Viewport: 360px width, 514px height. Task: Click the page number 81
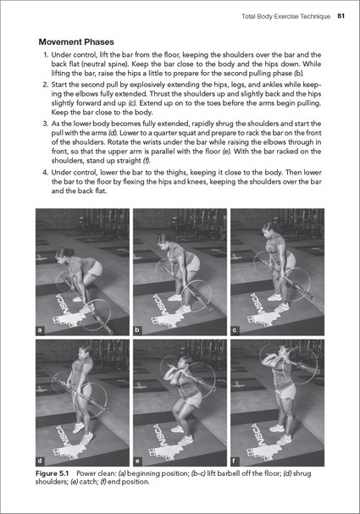point(341,16)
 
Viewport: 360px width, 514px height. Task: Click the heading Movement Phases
point(76,42)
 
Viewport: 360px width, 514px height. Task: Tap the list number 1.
point(46,55)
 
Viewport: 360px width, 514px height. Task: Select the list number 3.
point(46,124)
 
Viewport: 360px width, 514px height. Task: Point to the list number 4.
point(46,173)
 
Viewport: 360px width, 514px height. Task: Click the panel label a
point(40,330)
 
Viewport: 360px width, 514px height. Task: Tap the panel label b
point(137,330)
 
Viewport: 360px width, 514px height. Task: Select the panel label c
point(235,330)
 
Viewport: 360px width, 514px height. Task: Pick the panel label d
point(40,461)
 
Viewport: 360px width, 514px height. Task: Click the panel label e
point(137,461)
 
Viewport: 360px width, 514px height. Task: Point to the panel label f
point(234,461)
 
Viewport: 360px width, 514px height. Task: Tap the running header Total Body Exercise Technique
point(286,16)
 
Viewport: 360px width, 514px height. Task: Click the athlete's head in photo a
point(62,255)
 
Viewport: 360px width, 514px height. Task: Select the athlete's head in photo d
point(86,353)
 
